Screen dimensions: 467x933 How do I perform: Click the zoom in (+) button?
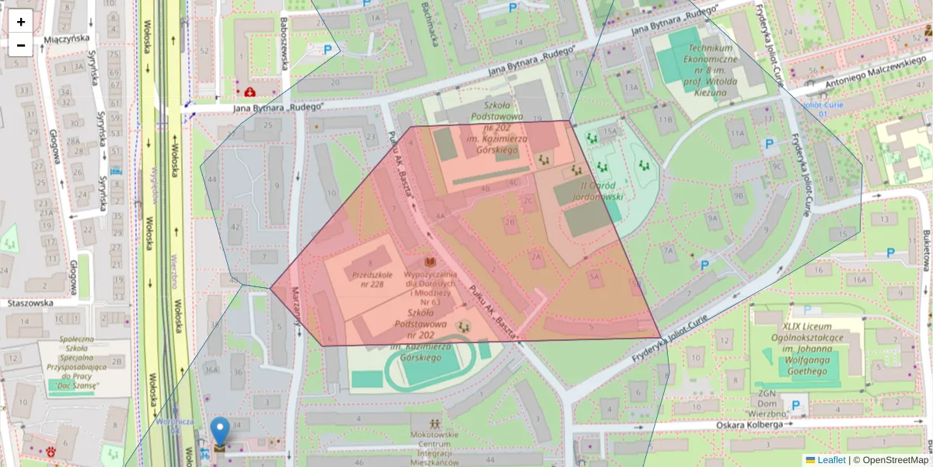pyautogui.click(x=21, y=22)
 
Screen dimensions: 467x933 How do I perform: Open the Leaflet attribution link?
pyautogui.click(x=830, y=460)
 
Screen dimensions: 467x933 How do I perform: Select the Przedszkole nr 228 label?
pyautogui.click(x=368, y=279)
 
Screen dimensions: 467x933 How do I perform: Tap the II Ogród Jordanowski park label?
pyautogui.click(x=602, y=191)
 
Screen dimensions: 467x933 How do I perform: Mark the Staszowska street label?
pyautogui.click(x=30, y=304)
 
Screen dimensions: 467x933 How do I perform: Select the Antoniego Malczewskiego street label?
pyautogui.click(x=870, y=75)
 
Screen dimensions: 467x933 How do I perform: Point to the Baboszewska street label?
pyautogui.click(x=285, y=43)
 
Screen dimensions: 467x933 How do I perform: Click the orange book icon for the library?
pyautogui.click(x=429, y=262)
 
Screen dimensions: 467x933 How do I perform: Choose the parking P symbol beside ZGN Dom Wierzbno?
pyautogui.click(x=795, y=405)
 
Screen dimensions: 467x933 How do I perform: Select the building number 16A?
pyautogui.click(x=858, y=279)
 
